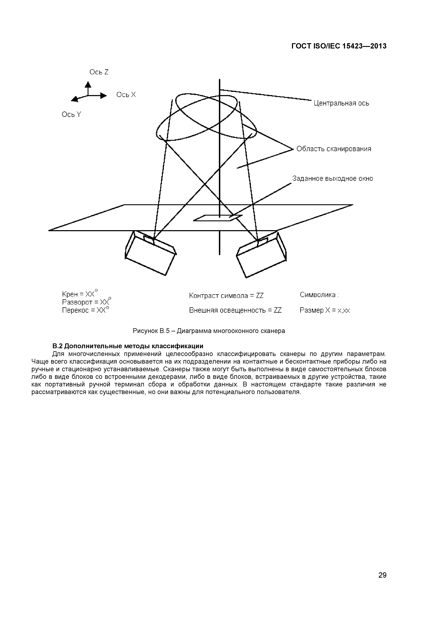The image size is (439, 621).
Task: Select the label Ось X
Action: pos(126,95)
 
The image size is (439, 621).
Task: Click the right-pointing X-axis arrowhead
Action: pos(104,95)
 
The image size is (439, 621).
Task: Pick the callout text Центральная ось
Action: pos(341,103)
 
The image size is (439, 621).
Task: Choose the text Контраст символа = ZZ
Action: pos(226,296)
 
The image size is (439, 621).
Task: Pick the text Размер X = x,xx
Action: pos(325,310)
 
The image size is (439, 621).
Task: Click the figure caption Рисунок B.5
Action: pos(209,331)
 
